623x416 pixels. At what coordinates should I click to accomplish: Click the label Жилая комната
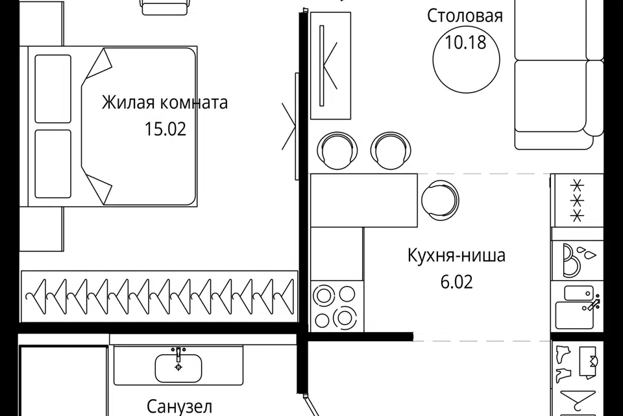(165, 103)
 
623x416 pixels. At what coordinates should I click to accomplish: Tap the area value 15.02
(165, 129)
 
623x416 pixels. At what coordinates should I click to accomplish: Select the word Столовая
(465, 16)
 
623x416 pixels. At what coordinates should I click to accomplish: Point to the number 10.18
(465, 43)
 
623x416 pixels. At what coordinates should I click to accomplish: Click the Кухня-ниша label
(456, 255)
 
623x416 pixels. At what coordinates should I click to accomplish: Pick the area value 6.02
(456, 281)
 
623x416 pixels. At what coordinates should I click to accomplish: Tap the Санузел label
(179, 407)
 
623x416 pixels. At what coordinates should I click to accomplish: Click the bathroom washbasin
(178, 367)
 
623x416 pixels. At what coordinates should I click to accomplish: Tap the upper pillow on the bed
(53, 88)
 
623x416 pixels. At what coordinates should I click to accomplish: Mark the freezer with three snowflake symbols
(577, 200)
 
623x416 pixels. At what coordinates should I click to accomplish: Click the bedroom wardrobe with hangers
(159, 296)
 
